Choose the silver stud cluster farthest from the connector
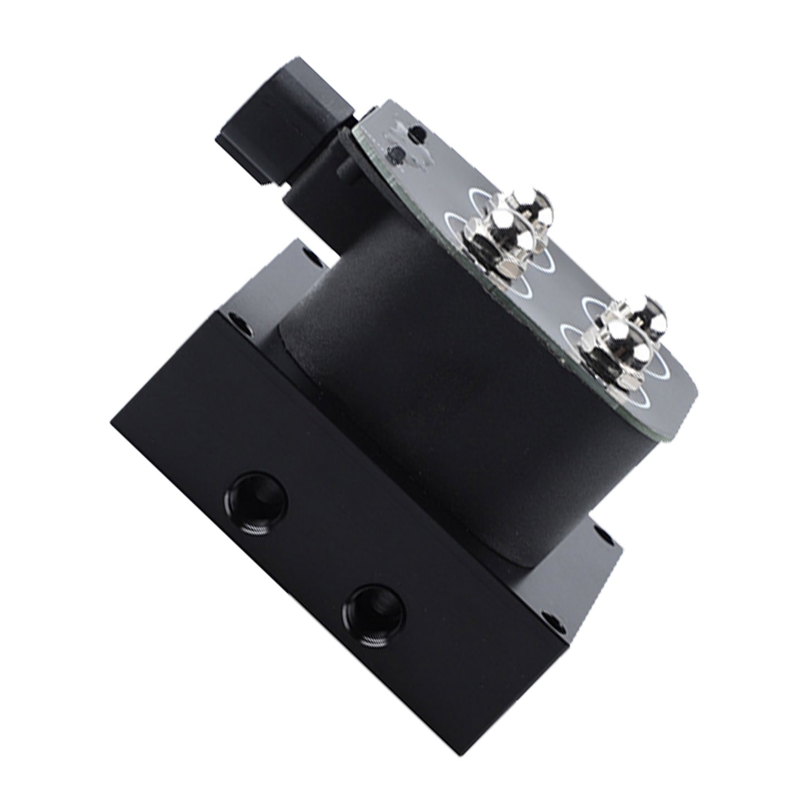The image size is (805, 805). pyautogui.click(x=618, y=340)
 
